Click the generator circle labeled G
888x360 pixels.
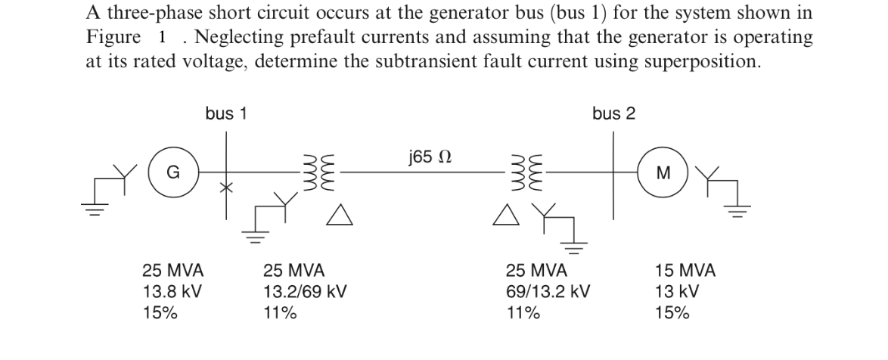pyautogui.click(x=172, y=172)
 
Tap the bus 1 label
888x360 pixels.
pyautogui.click(x=225, y=113)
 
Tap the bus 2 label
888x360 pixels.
pyautogui.click(x=613, y=113)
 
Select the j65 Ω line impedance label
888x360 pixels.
pyautogui.click(x=430, y=157)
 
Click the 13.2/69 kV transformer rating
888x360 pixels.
pyautogui.click(x=304, y=291)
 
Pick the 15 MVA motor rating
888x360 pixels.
pyautogui.click(x=685, y=270)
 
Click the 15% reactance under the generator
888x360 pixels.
pyautogui.click(x=160, y=312)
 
